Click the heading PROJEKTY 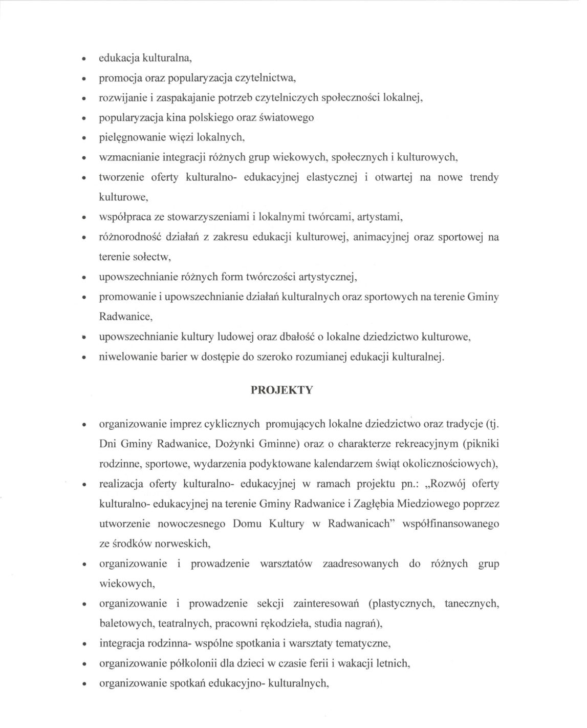pyautogui.click(x=281, y=390)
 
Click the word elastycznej pyautogui.click(x=331, y=178)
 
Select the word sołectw pyautogui.click(x=153, y=257)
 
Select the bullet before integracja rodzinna pyautogui.click(x=83, y=644)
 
